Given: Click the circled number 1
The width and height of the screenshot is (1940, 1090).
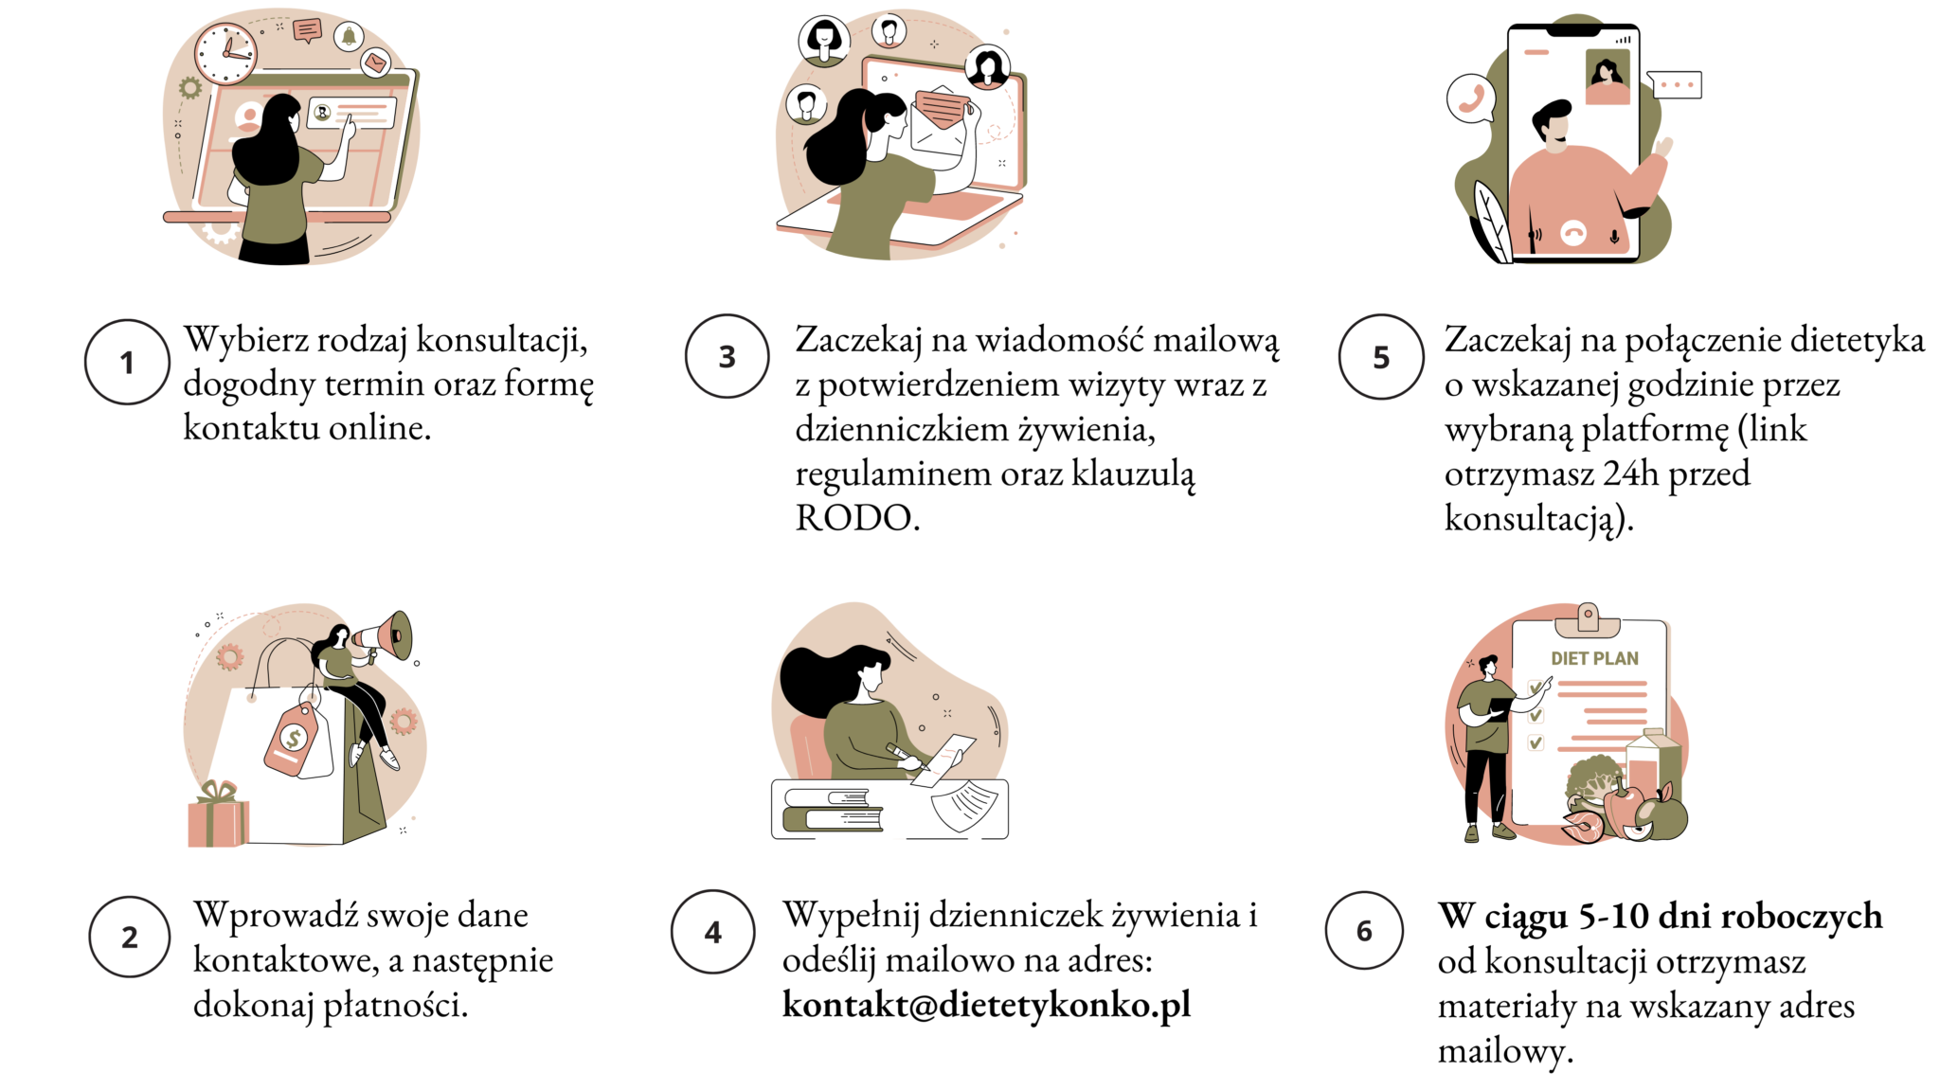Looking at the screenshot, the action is (127, 362).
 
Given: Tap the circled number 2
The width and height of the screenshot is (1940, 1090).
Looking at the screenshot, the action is (130, 937).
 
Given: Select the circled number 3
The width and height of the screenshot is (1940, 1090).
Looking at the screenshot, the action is (727, 356).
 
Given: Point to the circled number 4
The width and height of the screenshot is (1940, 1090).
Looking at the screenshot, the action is (713, 932).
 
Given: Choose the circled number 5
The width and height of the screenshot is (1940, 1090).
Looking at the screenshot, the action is (1381, 357).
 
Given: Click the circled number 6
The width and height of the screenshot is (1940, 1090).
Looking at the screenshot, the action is (1364, 930).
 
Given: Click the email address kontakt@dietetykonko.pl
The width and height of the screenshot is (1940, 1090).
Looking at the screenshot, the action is (986, 1005).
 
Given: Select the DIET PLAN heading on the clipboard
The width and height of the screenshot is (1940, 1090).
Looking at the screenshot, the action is (1594, 658).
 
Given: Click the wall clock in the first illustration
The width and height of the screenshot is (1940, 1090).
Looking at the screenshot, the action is (225, 52).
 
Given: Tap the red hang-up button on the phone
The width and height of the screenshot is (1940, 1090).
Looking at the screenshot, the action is (1573, 233).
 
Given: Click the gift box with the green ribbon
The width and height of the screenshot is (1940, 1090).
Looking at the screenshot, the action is (218, 814).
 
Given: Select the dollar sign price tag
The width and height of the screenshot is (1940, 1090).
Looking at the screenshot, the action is (293, 739).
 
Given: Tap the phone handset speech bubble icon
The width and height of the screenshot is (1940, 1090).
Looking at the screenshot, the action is (1471, 98).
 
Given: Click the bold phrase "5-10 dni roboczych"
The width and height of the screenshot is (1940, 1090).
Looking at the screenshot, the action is (1731, 916).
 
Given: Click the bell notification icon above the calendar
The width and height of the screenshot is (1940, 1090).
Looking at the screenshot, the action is (349, 36).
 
